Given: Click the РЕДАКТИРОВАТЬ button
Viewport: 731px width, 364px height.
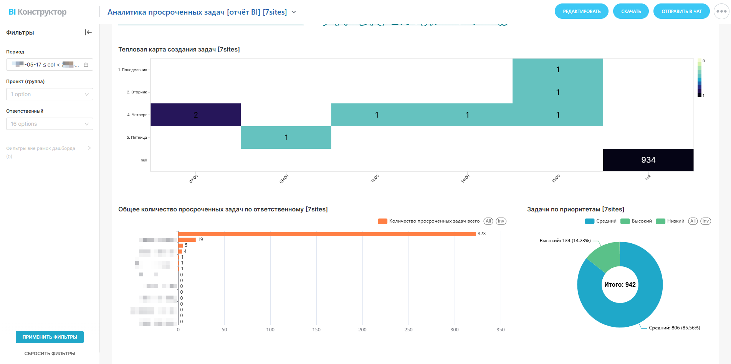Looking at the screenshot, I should coord(581,12).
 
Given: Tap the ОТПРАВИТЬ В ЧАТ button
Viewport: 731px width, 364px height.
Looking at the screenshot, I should coord(681,12).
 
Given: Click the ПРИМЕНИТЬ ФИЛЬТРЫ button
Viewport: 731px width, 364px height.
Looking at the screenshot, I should coord(50,337).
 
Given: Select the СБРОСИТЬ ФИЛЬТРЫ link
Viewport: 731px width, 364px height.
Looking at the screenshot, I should coord(50,354).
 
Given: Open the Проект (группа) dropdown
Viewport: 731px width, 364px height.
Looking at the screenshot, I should coord(50,94).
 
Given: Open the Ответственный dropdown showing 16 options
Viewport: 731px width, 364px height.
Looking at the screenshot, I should coord(50,124).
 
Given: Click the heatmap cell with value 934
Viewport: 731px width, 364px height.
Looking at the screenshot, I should coord(648,160).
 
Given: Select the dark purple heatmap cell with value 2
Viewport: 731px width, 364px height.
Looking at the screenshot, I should coord(195,115).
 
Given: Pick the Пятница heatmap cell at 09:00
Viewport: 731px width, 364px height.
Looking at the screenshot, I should coord(286,137).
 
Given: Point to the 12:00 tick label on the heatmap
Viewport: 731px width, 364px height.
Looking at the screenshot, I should coord(374,179).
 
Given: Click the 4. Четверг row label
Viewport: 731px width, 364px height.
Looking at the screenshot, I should coord(137,115).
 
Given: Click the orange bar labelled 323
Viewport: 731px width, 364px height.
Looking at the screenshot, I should coord(326,234).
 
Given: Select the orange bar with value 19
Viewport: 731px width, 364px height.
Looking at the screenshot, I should coord(187,239).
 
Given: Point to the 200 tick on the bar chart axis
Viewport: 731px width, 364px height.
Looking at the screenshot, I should coord(362,330).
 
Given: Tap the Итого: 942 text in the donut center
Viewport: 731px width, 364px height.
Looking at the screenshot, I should coord(620,285).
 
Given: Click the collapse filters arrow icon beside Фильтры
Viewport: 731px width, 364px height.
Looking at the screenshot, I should coord(88,32).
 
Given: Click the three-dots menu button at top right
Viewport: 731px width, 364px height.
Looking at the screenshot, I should coord(721,12).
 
